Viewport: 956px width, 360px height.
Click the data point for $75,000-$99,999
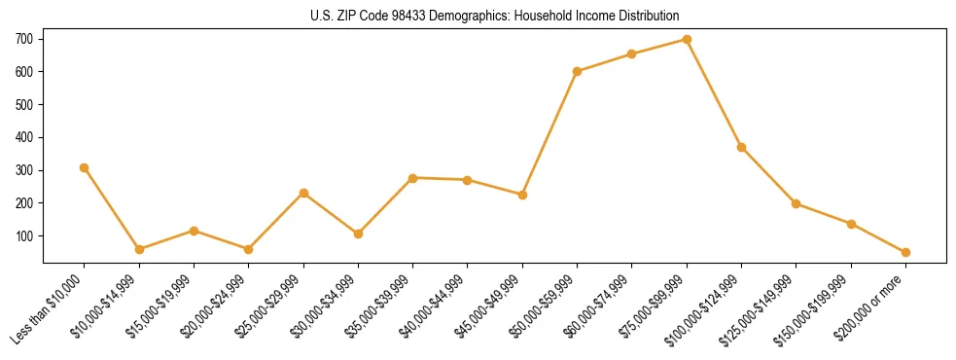point(687,40)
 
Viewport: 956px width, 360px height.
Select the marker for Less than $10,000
point(85,167)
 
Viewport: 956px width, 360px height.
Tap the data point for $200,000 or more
point(905,252)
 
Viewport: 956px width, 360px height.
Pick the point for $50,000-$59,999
point(578,71)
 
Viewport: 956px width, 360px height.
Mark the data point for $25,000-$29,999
point(303,193)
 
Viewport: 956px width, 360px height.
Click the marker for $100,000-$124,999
point(741,147)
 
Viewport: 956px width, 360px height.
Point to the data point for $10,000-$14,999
point(139,249)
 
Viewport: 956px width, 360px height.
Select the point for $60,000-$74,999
point(632,54)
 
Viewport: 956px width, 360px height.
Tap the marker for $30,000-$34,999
point(358,234)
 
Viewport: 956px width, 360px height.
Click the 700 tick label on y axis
point(24,39)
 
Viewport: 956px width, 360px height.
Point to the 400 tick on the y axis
point(24,137)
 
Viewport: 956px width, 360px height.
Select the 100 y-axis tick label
point(24,236)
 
